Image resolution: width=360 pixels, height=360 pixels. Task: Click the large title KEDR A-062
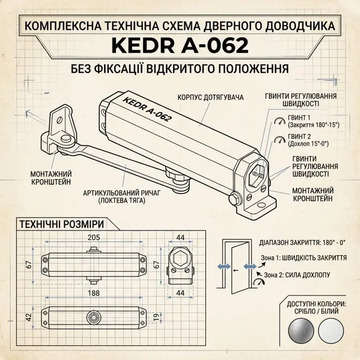click(x=180, y=46)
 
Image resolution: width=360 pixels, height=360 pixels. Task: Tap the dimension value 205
click(x=94, y=237)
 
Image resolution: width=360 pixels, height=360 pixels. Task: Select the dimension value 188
click(x=94, y=293)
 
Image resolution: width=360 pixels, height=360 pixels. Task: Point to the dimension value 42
click(x=29, y=317)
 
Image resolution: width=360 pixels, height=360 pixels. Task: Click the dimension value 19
click(x=156, y=317)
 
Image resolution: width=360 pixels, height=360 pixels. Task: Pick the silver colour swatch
click(x=301, y=331)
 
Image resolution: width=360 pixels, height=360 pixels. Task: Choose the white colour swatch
click(x=331, y=331)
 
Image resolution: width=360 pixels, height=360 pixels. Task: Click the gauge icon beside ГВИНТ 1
click(x=280, y=121)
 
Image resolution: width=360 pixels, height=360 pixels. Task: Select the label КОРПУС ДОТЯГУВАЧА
click(x=210, y=97)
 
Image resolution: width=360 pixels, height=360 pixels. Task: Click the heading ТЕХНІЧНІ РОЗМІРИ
click(x=61, y=224)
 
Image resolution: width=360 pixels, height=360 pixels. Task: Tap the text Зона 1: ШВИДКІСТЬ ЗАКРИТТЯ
click(x=304, y=258)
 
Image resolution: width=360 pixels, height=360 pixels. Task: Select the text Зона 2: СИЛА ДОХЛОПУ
click(x=297, y=275)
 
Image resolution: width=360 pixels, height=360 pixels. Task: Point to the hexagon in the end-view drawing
click(x=180, y=258)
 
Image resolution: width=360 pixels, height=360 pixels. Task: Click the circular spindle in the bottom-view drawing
click(x=94, y=317)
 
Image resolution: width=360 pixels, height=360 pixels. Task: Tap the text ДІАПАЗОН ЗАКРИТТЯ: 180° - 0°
click(x=303, y=242)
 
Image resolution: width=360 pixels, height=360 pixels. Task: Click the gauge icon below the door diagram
click(x=259, y=282)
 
